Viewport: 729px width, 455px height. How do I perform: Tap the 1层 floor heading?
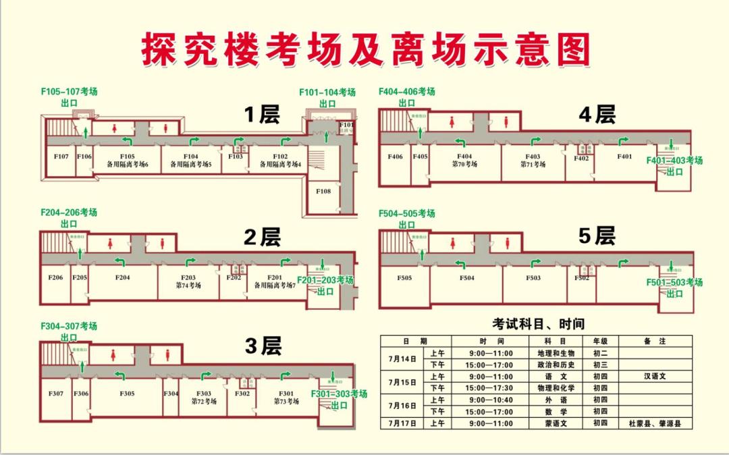point(261,115)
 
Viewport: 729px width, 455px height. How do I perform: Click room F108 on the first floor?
point(323,191)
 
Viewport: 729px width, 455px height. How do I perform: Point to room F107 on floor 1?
point(61,157)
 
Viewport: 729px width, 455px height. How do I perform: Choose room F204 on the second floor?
point(122,277)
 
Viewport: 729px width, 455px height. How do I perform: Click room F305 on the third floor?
point(127,394)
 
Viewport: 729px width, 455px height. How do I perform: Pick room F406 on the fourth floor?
point(395,157)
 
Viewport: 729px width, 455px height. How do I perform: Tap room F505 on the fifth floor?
point(404,277)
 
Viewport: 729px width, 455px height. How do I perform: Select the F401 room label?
point(624,157)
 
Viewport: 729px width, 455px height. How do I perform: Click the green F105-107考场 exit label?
point(69,97)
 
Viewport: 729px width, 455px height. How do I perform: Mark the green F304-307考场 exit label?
point(69,331)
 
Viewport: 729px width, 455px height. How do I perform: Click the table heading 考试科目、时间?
point(538,323)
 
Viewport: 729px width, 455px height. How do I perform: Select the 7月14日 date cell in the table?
point(402,358)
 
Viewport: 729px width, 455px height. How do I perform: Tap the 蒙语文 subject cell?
point(553,424)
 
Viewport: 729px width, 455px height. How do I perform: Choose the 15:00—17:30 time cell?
point(491,388)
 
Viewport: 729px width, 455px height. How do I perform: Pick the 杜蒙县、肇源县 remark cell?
point(655,424)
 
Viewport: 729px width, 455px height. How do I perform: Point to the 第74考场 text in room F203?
point(188,286)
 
